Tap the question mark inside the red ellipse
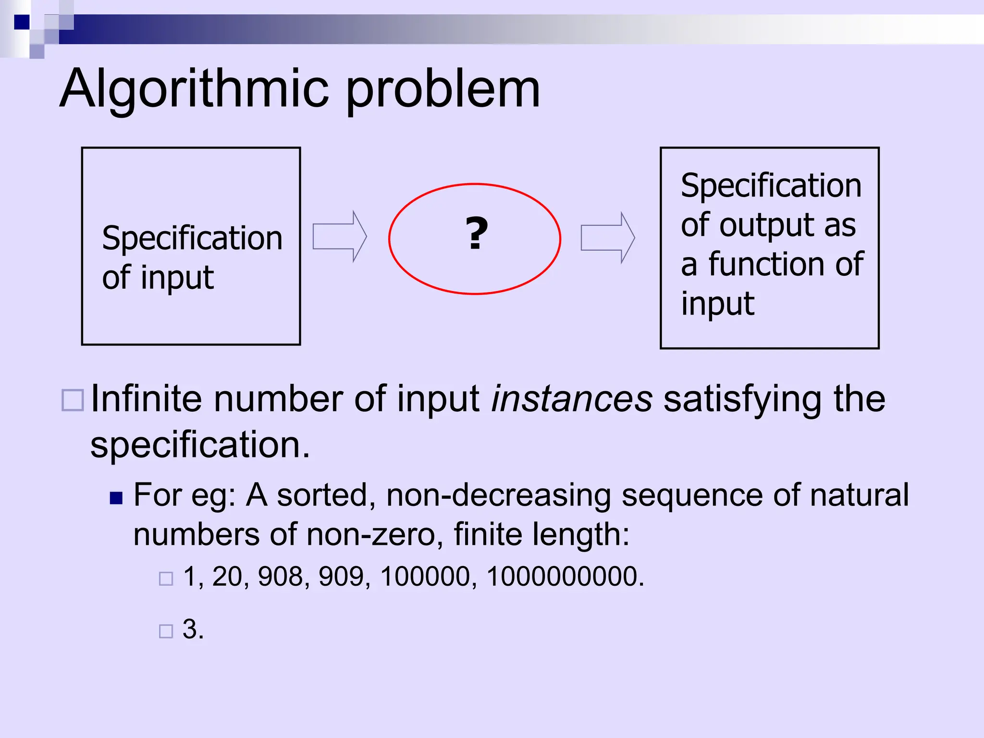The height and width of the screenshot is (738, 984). pos(476,234)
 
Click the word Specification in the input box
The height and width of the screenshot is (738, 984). pos(192,238)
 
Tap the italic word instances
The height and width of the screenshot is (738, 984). pos(572,399)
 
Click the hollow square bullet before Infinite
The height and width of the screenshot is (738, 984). pos(73,400)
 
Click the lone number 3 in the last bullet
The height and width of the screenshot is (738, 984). pos(190,629)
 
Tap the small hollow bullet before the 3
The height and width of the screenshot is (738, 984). pos(166,631)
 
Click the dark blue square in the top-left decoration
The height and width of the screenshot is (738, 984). pos(22,22)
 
